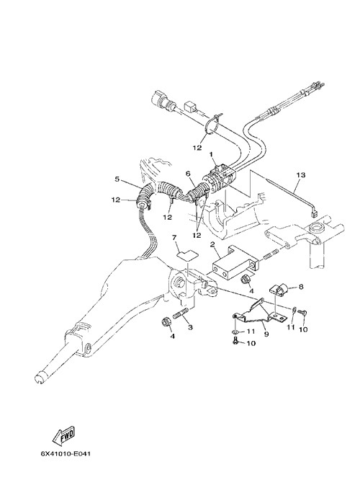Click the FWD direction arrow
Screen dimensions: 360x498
63,435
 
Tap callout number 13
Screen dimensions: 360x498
301,174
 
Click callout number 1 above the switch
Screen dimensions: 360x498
211,154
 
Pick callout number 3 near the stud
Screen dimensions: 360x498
190,327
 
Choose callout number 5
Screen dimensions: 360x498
117,179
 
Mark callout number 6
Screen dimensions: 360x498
188,174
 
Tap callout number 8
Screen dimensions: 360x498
301,287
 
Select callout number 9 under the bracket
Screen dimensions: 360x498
266,334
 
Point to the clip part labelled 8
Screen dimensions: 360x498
279,289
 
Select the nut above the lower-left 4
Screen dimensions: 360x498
166,321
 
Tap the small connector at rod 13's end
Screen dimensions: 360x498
315,214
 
